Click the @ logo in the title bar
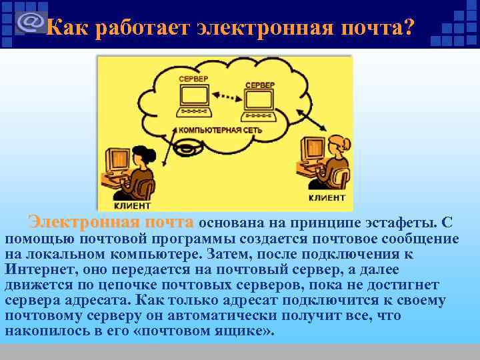pyautogui.click(x=31, y=22)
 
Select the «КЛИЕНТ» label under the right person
pyautogui.click(x=327, y=198)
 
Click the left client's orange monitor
pyautogui.click(x=117, y=159)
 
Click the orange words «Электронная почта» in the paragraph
pyautogui.click(x=111, y=222)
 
